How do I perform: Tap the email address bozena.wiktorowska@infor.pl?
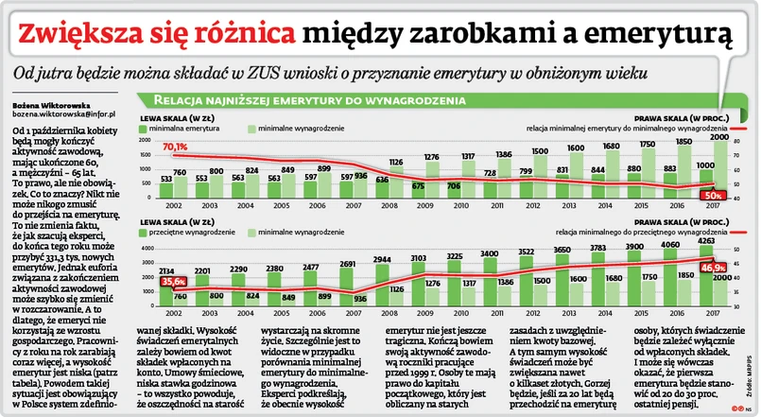pos(64,113)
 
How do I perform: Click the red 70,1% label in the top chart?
pos(175,148)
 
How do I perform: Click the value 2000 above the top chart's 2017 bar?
pos(719,137)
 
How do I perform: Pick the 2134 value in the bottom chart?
pos(166,270)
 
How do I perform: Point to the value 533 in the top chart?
pos(166,177)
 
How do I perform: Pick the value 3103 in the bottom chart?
pos(419,257)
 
